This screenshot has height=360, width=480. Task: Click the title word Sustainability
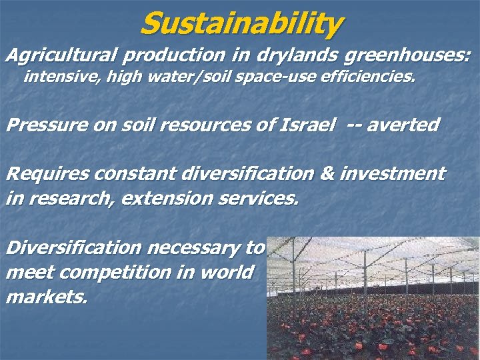point(241,24)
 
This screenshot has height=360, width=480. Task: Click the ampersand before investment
point(327,175)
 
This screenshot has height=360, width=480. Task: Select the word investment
point(392,175)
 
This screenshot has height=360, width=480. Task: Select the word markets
point(46,297)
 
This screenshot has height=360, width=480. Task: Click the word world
point(229,273)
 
